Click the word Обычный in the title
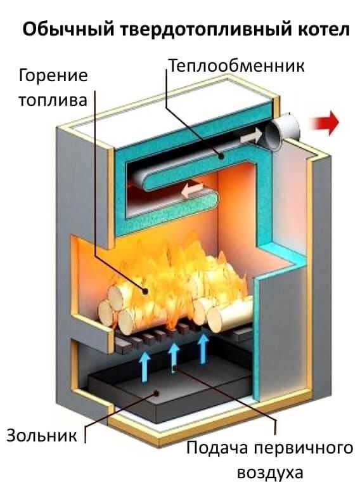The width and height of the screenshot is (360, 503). (x=68, y=30)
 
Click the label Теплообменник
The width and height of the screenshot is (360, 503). (x=236, y=66)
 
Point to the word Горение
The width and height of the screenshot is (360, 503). (x=53, y=76)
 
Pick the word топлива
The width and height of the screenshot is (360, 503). (x=53, y=100)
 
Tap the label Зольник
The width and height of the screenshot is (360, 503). (x=42, y=435)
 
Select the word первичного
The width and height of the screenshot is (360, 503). (x=304, y=448)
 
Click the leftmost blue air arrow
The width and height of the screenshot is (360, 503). (x=145, y=366)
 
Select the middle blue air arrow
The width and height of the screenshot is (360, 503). (x=174, y=355)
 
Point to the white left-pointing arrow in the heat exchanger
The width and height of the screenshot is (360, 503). (x=192, y=190)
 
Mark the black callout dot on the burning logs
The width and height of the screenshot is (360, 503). (x=145, y=291)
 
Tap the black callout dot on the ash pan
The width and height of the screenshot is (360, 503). (x=156, y=393)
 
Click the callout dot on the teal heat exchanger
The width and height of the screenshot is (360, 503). (x=221, y=157)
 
